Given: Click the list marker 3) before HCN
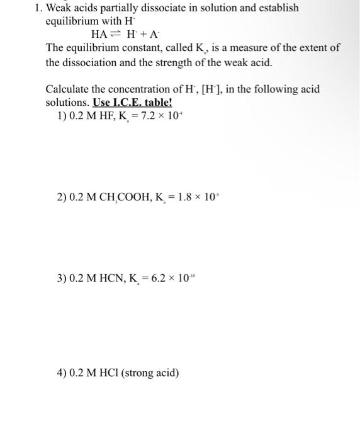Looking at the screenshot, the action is pos(62,278).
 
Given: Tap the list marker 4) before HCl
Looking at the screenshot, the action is pos(62,373).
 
